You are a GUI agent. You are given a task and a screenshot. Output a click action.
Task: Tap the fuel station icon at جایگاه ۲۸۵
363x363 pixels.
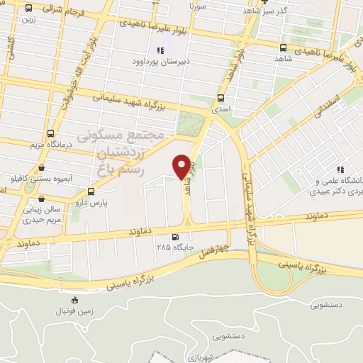pos(174,238)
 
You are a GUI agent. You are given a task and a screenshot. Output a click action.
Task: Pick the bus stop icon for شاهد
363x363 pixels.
pos(283,48)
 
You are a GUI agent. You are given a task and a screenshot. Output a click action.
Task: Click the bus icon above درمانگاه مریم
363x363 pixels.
pos(50,133)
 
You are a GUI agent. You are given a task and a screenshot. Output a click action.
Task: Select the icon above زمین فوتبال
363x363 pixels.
pos(74,300)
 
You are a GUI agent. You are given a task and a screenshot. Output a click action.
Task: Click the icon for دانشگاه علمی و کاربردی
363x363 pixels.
pos(340,169)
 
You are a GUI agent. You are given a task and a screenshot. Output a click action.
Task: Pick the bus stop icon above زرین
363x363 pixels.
pos(28,9)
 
